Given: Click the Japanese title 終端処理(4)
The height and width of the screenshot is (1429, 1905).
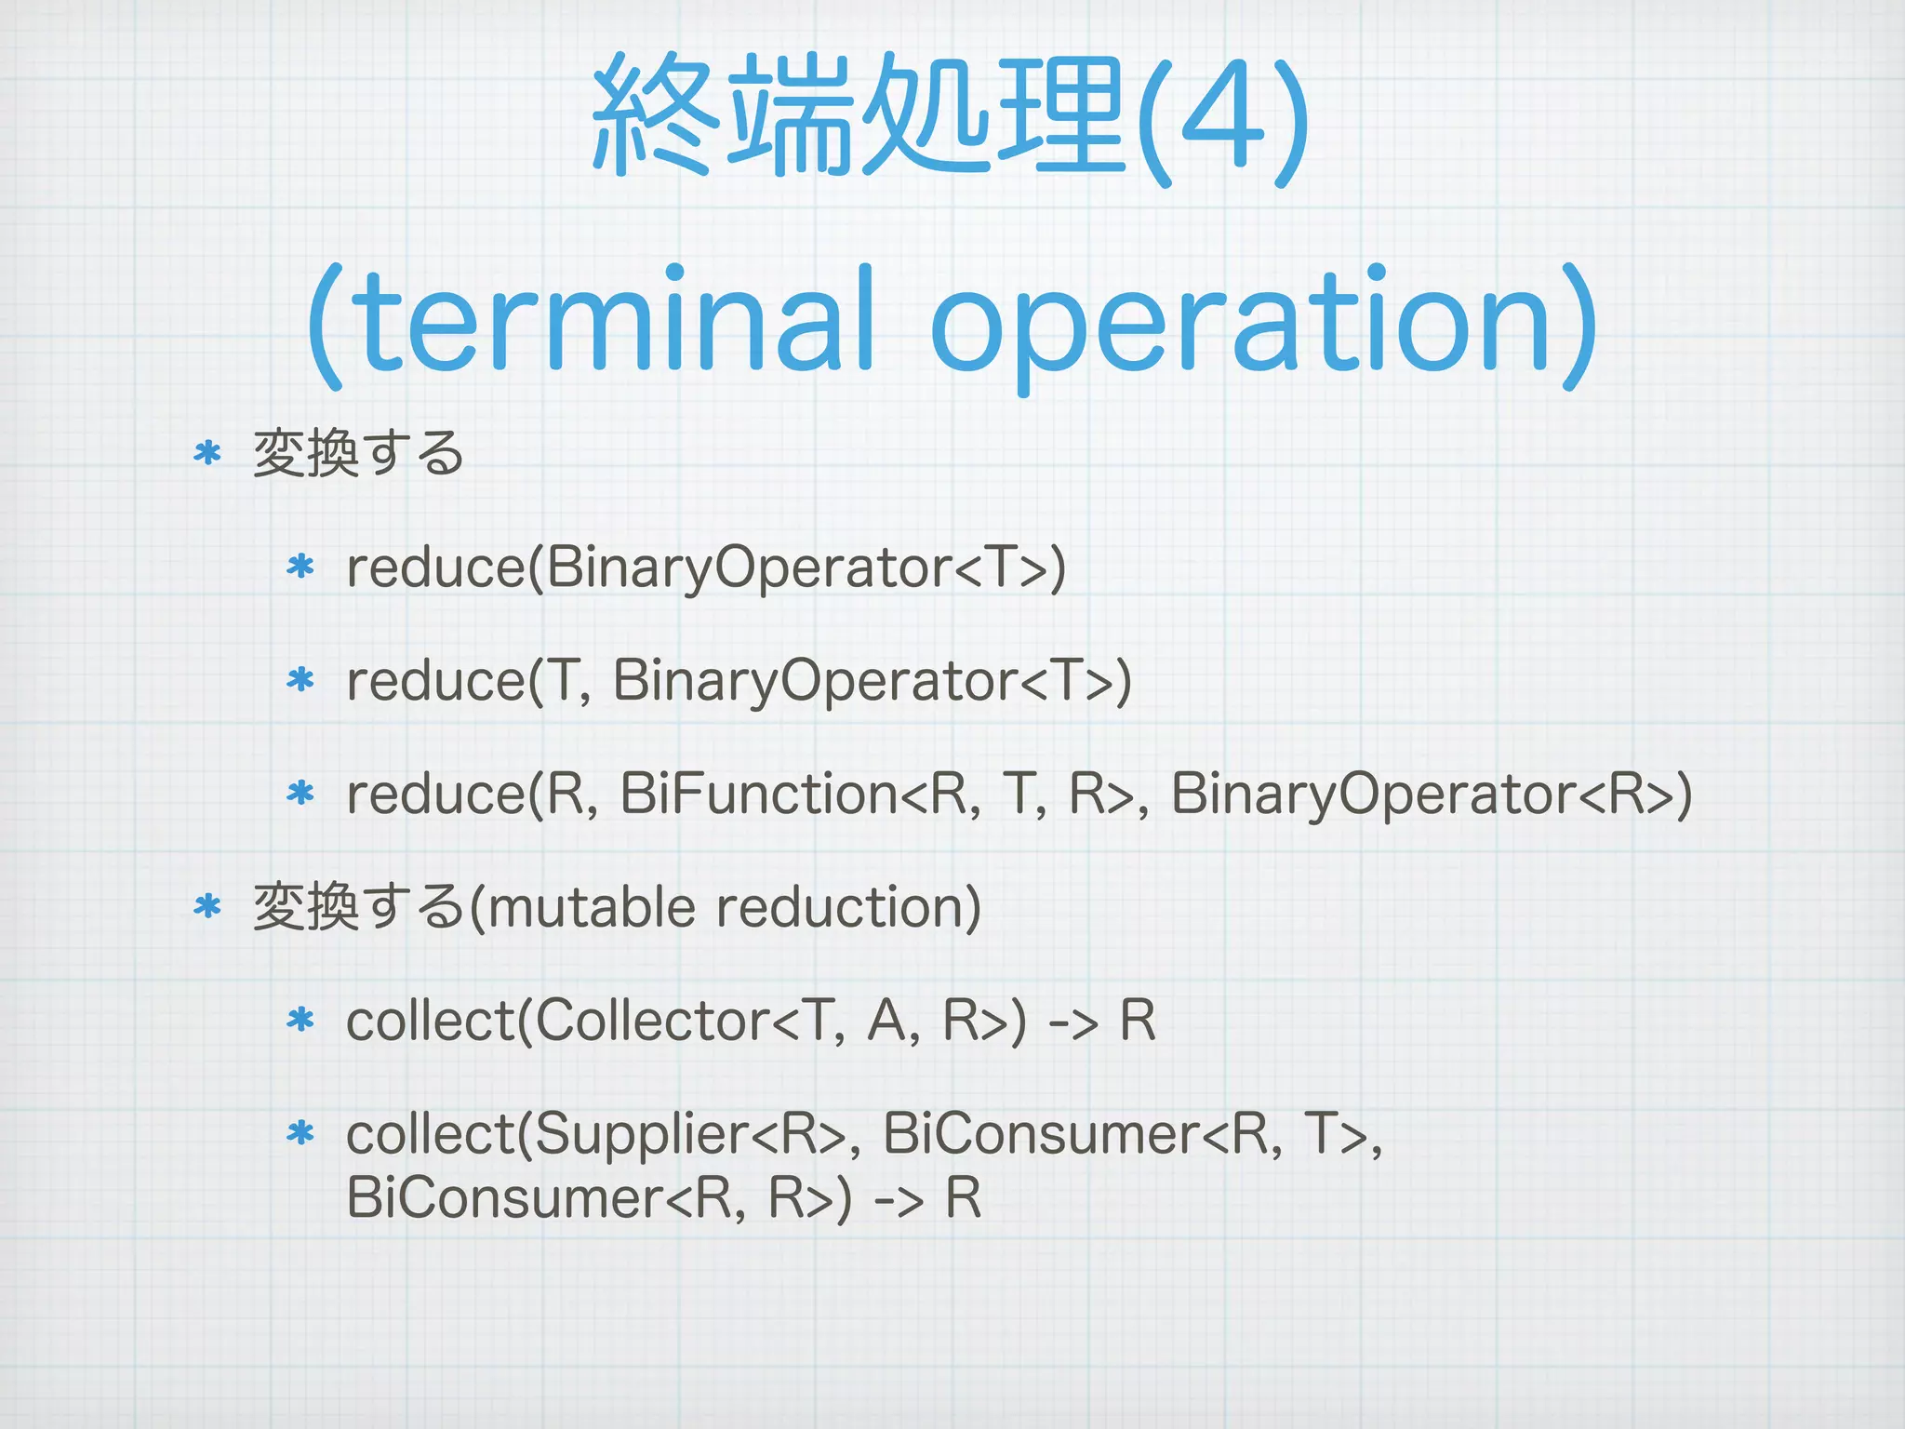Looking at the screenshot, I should pyautogui.click(x=951, y=116).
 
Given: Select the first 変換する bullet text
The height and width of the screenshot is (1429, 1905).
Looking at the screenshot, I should pyautogui.click(x=358, y=454).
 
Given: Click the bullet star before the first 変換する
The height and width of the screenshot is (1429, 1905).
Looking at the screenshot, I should pyautogui.click(x=207, y=454).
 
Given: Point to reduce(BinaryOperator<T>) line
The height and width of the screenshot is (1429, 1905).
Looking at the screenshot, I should pyautogui.click(x=705, y=568).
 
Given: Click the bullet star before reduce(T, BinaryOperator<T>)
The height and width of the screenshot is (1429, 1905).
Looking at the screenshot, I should pyautogui.click(x=300, y=680).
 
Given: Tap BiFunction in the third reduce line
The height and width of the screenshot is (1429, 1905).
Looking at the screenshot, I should pyautogui.click(x=759, y=794).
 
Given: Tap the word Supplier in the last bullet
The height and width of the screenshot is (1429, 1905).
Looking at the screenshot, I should pyautogui.click(x=641, y=1135).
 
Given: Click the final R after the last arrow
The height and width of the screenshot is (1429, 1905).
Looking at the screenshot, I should pyautogui.click(x=963, y=1197).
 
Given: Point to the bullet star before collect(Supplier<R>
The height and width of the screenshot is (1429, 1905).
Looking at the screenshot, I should pyautogui.click(x=300, y=1133).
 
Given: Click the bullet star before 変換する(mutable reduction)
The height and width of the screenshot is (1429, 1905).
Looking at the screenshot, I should pyautogui.click(x=207, y=906).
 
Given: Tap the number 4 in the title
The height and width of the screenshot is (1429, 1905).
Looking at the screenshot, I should pyautogui.click(x=1222, y=116).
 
